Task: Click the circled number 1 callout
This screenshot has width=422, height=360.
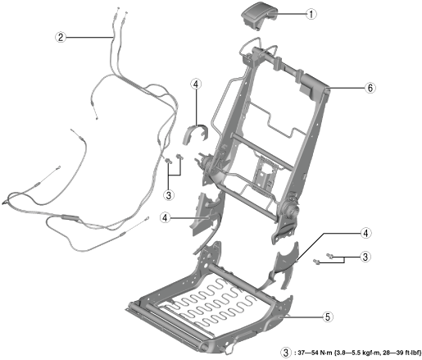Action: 311,14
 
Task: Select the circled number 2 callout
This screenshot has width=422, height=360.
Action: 61,37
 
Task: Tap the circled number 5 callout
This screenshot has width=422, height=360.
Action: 328,317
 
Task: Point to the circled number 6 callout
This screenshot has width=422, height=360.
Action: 370,88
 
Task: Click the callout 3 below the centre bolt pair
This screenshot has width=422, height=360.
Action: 169,195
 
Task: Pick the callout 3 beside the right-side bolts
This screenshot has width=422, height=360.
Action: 365,257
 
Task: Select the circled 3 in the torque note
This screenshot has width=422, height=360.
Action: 286,353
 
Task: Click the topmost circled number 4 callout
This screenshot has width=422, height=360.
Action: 196,84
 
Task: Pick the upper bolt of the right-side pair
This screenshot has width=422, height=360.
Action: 330,256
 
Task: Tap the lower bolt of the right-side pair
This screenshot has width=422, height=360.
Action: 316,262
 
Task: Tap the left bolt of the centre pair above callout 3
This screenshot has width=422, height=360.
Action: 168,161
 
